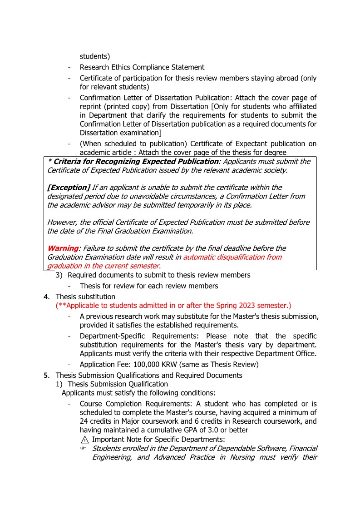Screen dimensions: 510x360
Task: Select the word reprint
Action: [x=91, y=107]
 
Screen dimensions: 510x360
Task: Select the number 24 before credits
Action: [x=84, y=421]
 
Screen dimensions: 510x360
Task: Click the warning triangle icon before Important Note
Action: [x=84, y=440]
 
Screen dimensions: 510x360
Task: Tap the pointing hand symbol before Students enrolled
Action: [x=84, y=449]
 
